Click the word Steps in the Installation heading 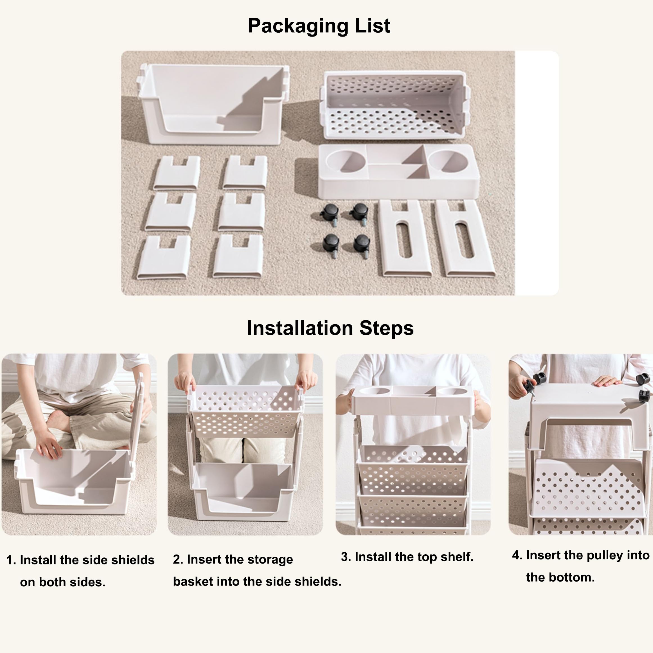click(x=386, y=328)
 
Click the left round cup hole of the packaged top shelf click(x=345, y=161)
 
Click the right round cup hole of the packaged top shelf click(x=448, y=161)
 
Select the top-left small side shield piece click(x=176, y=172)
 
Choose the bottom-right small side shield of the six click(x=238, y=256)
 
